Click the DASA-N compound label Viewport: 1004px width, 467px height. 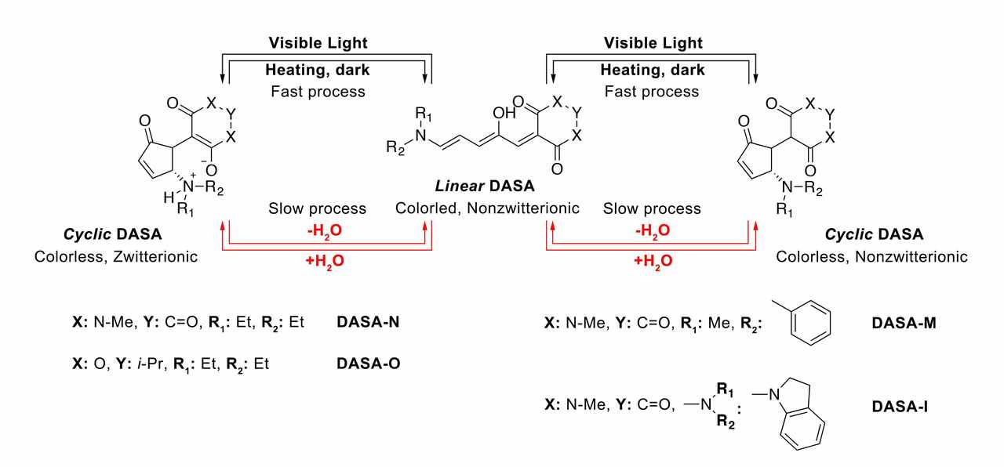point(369,321)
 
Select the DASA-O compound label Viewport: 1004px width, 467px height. point(369,364)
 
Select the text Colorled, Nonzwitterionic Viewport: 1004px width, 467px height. point(488,208)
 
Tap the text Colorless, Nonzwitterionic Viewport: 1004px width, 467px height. point(871,256)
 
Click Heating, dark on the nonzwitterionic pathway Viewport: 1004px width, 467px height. point(653,70)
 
